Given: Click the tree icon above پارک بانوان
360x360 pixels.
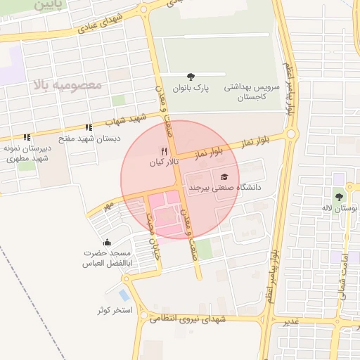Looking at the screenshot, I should tap(191, 77).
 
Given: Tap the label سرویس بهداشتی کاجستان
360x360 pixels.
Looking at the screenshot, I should tap(252, 93).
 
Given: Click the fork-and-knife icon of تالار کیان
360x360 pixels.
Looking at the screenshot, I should tap(164, 150).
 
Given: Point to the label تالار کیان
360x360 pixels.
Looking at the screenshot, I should tap(164, 162).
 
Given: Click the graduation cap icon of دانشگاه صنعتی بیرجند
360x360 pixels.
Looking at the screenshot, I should tap(224, 177).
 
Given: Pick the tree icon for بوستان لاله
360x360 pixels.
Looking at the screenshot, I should tap(339, 198).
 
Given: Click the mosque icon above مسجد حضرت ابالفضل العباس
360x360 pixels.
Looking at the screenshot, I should tap(106, 243).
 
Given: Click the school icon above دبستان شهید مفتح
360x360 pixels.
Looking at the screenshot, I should tap(89, 128).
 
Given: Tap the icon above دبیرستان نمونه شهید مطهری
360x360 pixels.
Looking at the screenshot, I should tap(27, 138).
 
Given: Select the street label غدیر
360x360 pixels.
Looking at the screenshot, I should tap(290, 322).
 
